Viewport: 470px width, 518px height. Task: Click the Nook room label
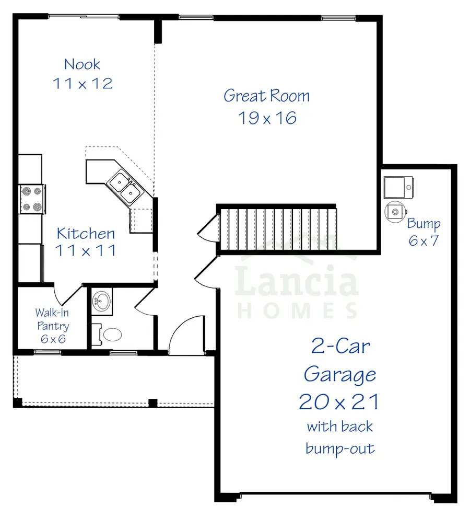(x=82, y=64)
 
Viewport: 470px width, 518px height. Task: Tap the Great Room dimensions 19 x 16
(x=267, y=118)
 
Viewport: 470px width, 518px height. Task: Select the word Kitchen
(x=86, y=233)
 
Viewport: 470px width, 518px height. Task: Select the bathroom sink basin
(x=102, y=302)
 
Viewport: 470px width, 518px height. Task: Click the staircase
(x=277, y=228)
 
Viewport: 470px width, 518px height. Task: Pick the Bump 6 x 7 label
(x=424, y=232)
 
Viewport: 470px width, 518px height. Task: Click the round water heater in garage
(x=395, y=212)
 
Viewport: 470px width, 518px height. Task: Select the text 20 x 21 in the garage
(x=339, y=401)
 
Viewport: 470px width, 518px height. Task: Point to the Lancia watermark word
(x=297, y=283)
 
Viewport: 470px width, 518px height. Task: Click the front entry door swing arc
(x=181, y=335)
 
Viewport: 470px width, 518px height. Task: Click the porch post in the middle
(x=152, y=402)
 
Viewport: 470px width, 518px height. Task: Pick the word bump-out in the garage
(x=340, y=448)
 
